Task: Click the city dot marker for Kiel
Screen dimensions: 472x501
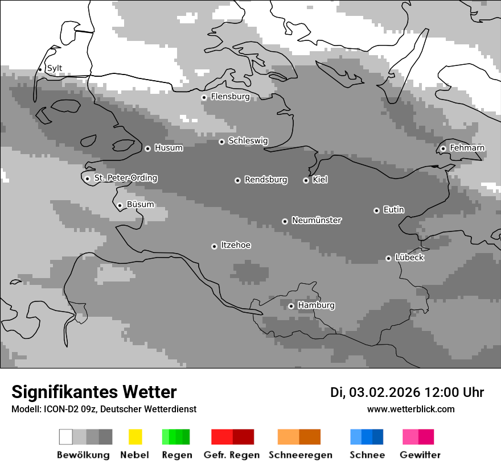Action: (306, 180)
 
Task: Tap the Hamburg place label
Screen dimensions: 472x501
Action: (316, 305)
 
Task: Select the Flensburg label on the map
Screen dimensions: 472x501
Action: (230, 97)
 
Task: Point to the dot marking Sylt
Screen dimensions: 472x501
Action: (40, 69)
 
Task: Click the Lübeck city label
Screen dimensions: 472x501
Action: (409, 258)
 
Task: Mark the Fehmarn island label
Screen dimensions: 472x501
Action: (467, 148)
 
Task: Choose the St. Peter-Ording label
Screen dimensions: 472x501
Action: (125, 178)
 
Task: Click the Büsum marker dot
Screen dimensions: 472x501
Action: (120, 205)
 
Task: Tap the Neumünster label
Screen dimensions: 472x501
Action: (317, 220)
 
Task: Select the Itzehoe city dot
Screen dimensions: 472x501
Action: (214, 246)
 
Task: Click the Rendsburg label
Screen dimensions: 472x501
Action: (266, 180)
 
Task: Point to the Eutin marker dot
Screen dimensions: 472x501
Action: (376, 210)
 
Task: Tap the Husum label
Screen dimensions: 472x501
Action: (169, 148)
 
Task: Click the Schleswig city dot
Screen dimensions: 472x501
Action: (221, 142)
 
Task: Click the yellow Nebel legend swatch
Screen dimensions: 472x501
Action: (135, 437)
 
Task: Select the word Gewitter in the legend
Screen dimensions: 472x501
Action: (420, 455)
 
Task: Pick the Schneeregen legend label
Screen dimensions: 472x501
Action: (300, 455)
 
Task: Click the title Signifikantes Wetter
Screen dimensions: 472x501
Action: (94, 392)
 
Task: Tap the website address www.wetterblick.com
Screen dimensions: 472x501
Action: (410, 409)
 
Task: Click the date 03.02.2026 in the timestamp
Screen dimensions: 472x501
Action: (384, 392)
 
